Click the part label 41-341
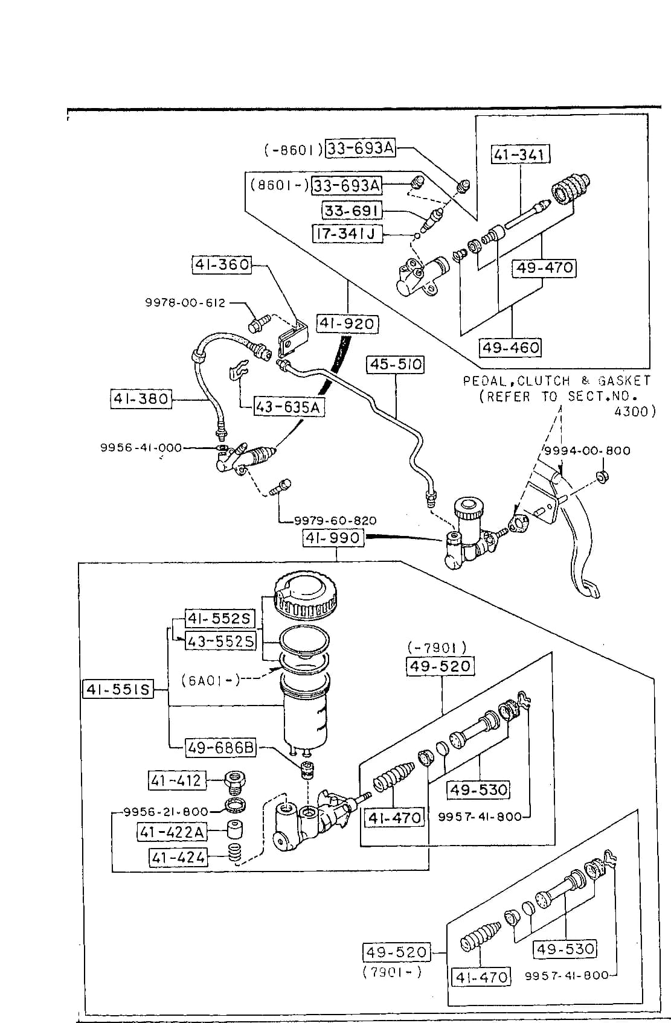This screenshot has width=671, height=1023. [520, 155]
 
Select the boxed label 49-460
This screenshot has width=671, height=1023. [510, 348]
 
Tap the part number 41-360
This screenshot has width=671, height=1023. [222, 265]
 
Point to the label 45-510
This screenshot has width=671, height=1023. [396, 365]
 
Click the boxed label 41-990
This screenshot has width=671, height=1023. [333, 538]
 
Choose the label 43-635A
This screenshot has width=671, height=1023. [289, 406]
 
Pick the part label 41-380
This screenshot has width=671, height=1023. [141, 399]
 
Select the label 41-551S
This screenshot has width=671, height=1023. [118, 689]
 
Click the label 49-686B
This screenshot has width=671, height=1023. [221, 748]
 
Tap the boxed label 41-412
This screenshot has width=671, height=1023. [176, 780]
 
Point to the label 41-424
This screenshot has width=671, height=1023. [178, 857]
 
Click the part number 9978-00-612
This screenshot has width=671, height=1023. [185, 303]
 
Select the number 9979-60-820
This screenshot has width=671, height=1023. [335, 521]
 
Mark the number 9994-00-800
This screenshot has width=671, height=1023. [588, 451]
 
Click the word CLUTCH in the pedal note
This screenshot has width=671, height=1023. [544, 381]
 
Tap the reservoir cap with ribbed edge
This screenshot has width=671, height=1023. [305, 597]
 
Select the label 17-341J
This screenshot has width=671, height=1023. [347, 234]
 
